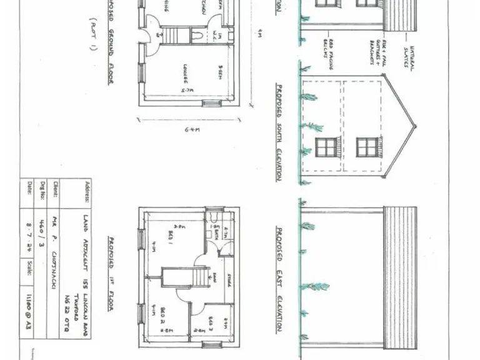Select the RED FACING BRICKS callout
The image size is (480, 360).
click(326, 46)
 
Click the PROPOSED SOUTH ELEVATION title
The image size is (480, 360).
click(279, 132)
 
